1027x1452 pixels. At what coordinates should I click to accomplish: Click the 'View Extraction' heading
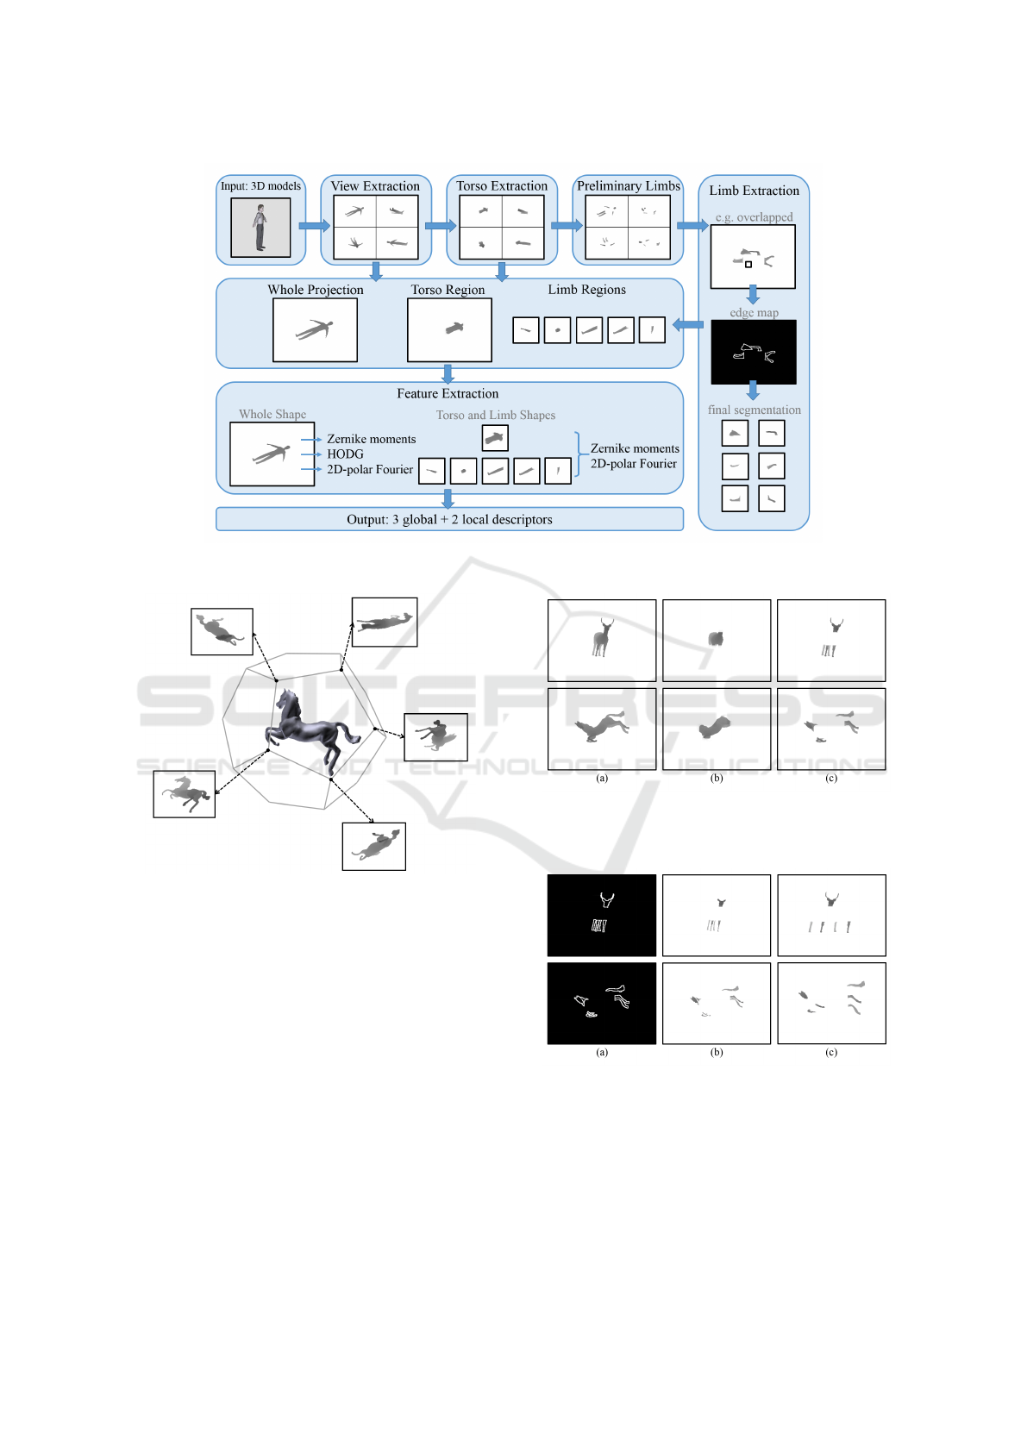[x=375, y=186]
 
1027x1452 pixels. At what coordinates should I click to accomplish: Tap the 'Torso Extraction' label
[x=501, y=186]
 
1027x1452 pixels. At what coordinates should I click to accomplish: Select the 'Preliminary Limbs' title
[x=629, y=186]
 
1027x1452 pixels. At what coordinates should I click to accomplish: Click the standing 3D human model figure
[x=260, y=228]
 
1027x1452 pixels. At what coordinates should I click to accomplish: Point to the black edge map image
[x=754, y=352]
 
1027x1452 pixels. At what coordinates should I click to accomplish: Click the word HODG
[x=345, y=454]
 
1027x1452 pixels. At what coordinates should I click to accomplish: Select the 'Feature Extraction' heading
[x=448, y=393]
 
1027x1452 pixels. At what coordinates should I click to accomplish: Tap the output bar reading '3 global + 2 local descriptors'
[x=449, y=519]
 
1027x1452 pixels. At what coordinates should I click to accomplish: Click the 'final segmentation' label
[x=754, y=410]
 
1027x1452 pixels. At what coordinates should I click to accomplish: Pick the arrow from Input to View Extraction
[x=315, y=226]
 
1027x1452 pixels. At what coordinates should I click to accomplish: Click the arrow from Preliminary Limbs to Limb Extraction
[x=692, y=226]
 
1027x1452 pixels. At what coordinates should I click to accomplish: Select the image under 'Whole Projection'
[x=315, y=330]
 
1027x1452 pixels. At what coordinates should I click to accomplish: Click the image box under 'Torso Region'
[x=449, y=330]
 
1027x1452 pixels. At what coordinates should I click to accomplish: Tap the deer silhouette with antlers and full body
[x=603, y=638]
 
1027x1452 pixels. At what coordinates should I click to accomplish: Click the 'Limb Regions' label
[x=586, y=290]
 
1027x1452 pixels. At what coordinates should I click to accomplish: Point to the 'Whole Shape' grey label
[x=272, y=414]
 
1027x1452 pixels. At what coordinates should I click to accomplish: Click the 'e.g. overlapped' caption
[x=754, y=217]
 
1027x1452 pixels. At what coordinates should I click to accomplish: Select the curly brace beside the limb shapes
[x=579, y=454]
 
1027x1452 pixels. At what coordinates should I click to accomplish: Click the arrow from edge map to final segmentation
[x=753, y=391]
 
